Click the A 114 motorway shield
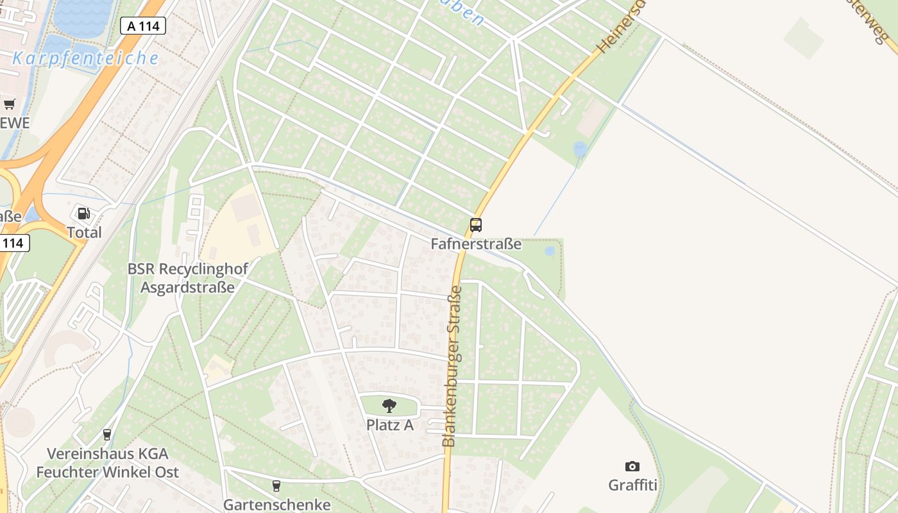[143, 26]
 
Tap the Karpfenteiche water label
[85, 58]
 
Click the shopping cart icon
[9, 105]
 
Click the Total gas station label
[85, 232]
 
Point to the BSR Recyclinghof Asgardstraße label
[187, 278]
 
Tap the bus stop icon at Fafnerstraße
[475, 225]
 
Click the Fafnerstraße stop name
[476, 244]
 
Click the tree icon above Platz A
[389, 405]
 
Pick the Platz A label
[390, 425]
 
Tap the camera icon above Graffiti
[632, 466]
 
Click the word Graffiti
[632, 484]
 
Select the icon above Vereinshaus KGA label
[107, 435]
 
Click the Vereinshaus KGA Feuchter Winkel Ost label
[107, 463]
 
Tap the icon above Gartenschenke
[276, 486]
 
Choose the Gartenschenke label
[277, 505]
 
